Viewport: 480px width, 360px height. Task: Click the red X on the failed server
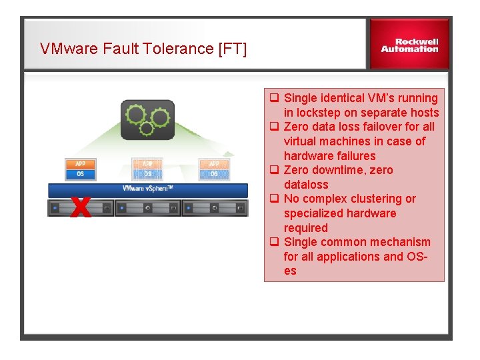coord(80,207)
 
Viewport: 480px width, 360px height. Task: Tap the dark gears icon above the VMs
coord(147,120)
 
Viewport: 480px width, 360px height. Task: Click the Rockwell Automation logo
coord(409,45)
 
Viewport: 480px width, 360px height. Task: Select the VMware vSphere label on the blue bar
coord(147,189)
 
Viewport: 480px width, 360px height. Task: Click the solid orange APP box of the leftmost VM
coord(80,163)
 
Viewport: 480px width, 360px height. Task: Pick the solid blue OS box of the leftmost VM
coord(80,174)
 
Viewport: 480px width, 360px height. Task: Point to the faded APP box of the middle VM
coord(147,163)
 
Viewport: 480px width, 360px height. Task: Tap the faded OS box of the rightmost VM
coord(214,174)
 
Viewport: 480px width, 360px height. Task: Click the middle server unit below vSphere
coord(147,208)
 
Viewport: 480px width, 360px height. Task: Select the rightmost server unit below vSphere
coord(214,208)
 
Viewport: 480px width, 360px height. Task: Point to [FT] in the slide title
coord(232,49)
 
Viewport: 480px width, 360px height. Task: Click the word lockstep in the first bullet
coord(319,113)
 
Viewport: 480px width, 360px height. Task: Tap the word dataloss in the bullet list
coord(306,185)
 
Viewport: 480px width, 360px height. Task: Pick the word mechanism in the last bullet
coord(398,242)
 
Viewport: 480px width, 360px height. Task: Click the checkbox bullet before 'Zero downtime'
coord(273,170)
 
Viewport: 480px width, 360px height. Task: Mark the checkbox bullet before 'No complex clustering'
coord(273,199)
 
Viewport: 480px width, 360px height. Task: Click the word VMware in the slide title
coord(66,49)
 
